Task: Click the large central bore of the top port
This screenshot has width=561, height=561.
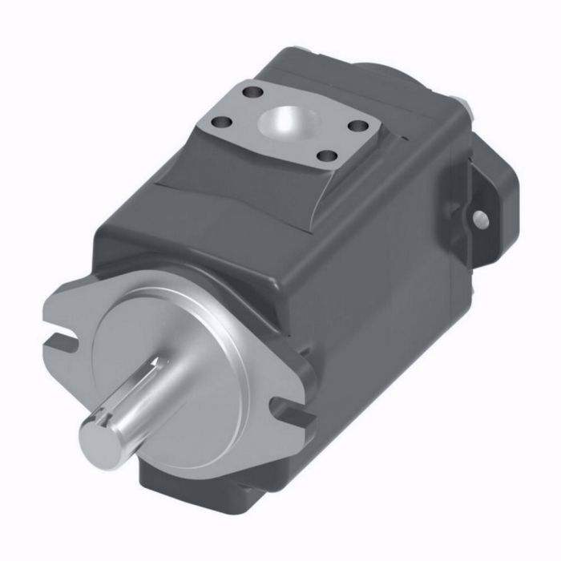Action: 286,123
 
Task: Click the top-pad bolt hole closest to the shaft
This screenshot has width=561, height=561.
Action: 325,156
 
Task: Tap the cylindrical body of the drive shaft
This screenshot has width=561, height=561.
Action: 140,401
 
